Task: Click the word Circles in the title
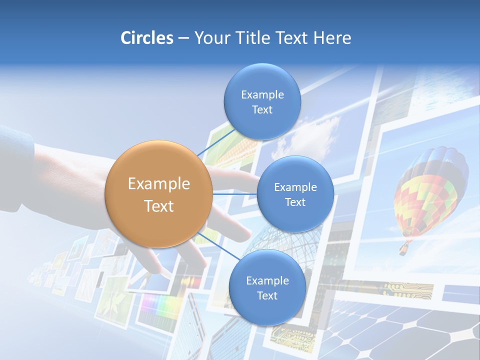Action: point(147,38)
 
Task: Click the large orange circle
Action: point(158,194)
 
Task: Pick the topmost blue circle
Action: point(262,102)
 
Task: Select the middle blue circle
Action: point(295,194)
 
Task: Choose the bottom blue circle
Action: point(267,287)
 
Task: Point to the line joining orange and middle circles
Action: point(235,193)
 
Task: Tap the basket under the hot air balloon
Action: point(402,248)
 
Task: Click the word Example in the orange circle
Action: point(158,183)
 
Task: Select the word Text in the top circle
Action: point(262,110)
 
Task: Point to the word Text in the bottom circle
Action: point(267,295)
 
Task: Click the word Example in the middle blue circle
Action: point(295,187)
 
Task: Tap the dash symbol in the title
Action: point(183,38)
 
